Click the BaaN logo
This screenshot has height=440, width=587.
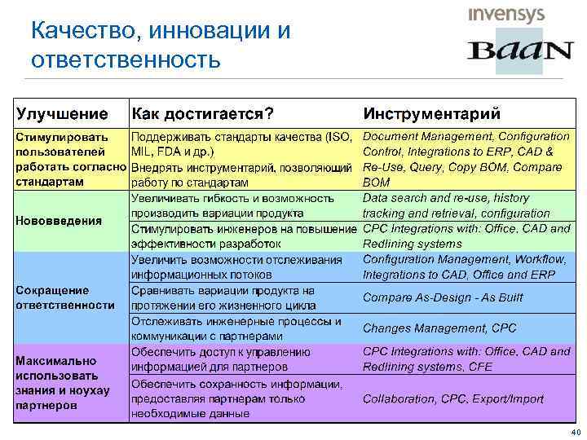coord(520,51)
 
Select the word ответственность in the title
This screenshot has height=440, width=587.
coord(126,60)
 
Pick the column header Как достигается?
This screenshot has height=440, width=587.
coord(202,112)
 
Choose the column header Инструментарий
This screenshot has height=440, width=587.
coord(431,112)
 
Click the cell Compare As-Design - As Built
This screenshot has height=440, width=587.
coord(443,297)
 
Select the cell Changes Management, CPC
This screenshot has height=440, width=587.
coord(439,328)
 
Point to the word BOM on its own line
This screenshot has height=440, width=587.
coord(377,183)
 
